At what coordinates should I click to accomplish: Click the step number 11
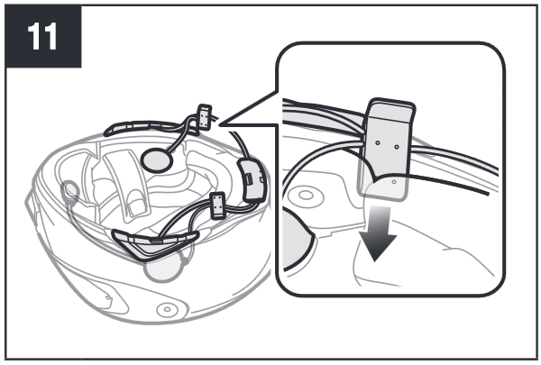[x=42, y=36]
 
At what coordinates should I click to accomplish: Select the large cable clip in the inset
[x=386, y=149]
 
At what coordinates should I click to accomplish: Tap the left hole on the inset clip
[x=378, y=142]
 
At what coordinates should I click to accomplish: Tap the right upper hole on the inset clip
[x=397, y=147]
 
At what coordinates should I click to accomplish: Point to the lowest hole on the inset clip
[x=394, y=182]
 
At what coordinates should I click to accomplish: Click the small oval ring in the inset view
[x=306, y=196]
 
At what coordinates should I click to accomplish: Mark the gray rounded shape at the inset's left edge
[x=298, y=239]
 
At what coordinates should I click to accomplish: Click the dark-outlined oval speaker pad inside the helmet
[x=157, y=160]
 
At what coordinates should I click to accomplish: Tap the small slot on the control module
[x=249, y=179]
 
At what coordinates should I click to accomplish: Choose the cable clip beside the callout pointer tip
[x=205, y=117]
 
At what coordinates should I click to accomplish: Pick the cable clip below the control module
[x=217, y=205]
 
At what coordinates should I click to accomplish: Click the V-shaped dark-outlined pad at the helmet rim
[x=154, y=243]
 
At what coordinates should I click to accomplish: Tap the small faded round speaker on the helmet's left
[x=70, y=190]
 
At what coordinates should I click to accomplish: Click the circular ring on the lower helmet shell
[x=168, y=309]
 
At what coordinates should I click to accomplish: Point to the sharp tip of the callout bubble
[x=220, y=124]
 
